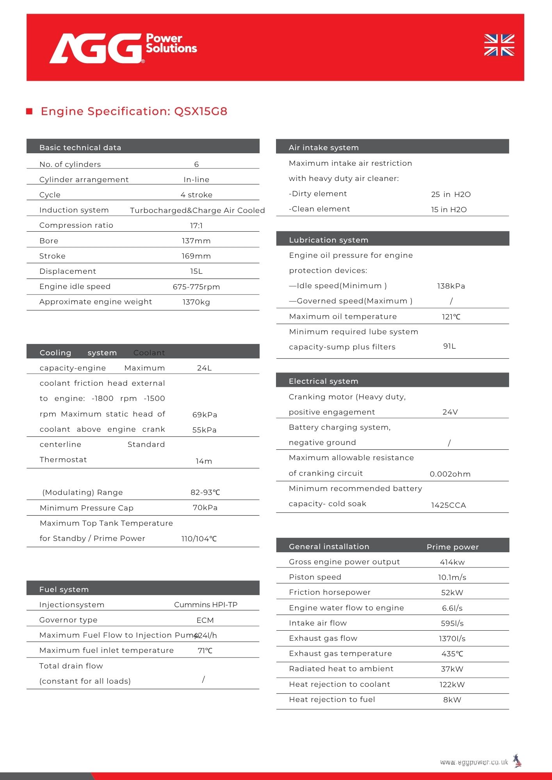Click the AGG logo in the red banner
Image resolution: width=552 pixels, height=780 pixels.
[x=96, y=48]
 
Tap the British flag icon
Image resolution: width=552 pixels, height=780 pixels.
[x=499, y=45]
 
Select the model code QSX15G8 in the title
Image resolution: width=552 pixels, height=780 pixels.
[x=201, y=112]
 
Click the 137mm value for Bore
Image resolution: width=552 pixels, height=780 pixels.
[x=196, y=241]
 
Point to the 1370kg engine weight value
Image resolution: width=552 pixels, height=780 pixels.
[x=196, y=302]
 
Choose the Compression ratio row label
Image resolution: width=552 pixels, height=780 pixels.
[x=76, y=225]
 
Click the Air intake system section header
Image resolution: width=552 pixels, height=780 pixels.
[x=324, y=147]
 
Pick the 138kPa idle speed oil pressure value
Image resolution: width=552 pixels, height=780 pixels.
[x=451, y=286]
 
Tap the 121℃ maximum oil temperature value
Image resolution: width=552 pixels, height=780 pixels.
[x=451, y=317]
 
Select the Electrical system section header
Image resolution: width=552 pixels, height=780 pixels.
[x=323, y=381]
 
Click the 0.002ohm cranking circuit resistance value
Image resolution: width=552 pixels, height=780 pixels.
[x=450, y=474]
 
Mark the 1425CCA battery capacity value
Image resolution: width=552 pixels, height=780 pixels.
[x=448, y=505]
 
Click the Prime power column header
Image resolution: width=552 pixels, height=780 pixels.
[x=452, y=547]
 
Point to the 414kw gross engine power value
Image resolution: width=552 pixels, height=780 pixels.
[x=452, y=562]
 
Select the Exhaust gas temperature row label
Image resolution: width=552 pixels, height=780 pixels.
[x=340, y=654]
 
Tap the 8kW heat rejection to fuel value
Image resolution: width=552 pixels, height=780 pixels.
[x=452, y=700]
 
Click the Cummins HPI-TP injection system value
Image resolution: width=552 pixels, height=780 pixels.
[x=206, y=605]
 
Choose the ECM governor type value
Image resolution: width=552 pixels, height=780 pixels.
[x=205, y=620]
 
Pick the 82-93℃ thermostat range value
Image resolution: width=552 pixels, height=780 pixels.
[x=205, y=493]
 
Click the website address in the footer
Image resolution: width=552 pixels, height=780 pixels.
[x=474, y=762]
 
